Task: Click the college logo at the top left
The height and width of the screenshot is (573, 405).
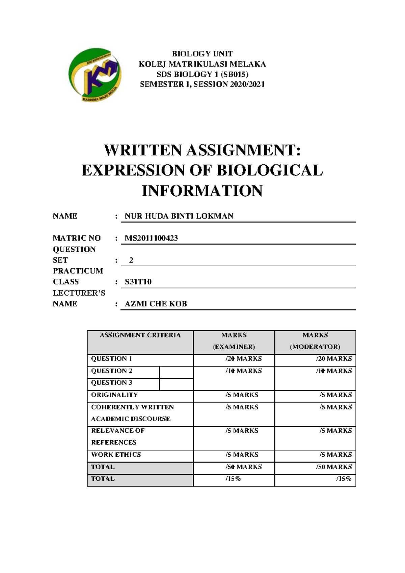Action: click(94, 75)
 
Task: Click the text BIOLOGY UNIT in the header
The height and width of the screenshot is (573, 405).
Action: click(202, 54)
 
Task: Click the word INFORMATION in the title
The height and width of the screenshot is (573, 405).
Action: click(202, 191)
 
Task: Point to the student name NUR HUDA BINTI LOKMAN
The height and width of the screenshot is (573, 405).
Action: click(179, 216)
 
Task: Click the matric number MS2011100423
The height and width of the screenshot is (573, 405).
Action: click(151, 238)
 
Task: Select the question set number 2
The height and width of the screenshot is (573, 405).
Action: click(131, 260)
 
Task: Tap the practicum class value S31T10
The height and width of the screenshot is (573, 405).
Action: click(138, 282)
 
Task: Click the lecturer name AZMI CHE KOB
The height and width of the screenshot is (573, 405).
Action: click(156, 304)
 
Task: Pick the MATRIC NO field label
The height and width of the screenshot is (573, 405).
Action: click(77, 238)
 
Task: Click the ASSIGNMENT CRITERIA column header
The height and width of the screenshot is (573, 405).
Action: click(140, 335)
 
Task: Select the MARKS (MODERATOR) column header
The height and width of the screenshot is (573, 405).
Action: click(315, 341)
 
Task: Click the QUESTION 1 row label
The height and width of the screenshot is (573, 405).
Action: click(111, 359)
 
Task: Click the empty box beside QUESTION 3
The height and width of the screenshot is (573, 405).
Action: click(176, 384)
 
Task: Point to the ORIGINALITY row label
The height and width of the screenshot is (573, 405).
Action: click(114, 395)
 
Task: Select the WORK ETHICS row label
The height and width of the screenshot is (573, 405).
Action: click(116, 455)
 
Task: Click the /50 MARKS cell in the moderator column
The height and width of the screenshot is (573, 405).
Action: click(334, 467)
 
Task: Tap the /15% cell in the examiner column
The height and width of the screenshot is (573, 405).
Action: click(233, 479)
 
